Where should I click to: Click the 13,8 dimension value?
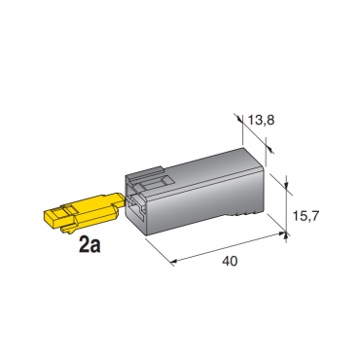pos(262,120)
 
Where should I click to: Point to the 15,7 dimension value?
pos(306,216)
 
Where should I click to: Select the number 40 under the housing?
pos(230,261)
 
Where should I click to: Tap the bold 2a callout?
pos(90,245)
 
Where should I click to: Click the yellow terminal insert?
pos(85,212)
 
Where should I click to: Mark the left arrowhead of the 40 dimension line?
pos(174,261)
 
